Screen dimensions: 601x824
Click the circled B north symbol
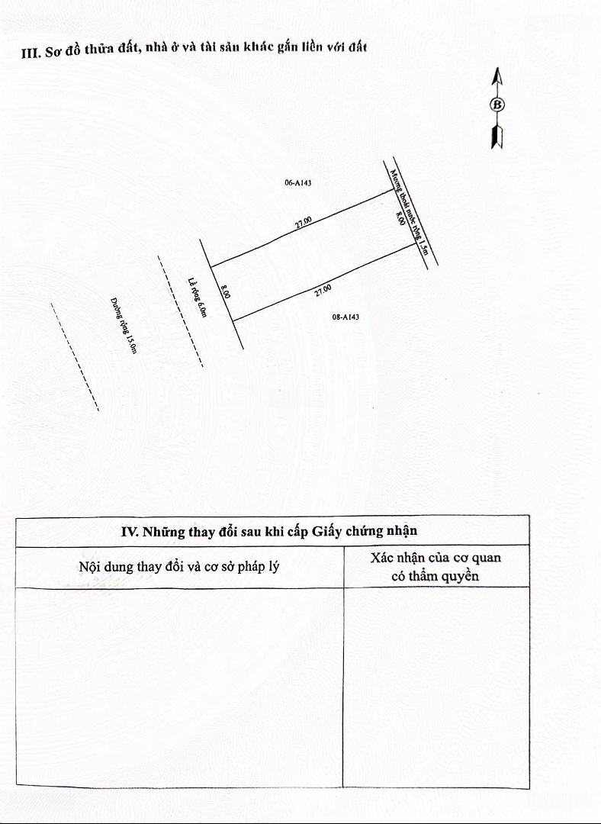(497, 105)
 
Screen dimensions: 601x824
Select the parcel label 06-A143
(298, 183)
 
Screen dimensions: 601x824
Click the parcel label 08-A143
(345, 317)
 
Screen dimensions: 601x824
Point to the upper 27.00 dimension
(303, 222)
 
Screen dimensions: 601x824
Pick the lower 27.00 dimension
(323, 290)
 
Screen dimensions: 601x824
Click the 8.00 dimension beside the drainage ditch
(400, 218)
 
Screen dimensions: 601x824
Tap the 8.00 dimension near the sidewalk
(225, 291)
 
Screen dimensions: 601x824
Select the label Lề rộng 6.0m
(198, 298)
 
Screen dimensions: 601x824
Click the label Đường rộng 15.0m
(124, 326)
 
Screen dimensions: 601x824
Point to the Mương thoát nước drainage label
(410, 212)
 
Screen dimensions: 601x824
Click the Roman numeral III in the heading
(30, 53)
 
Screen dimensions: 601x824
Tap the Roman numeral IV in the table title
(129, 531)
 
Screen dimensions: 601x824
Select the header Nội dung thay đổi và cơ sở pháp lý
(179, 566)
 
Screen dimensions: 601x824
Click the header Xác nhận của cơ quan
(435, 558)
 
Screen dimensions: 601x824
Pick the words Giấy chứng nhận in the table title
(365, 531)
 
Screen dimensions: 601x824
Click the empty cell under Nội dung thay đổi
(179, 687)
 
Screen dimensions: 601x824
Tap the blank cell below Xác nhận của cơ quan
(436, 687)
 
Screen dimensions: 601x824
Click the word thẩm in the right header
(423, 575)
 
